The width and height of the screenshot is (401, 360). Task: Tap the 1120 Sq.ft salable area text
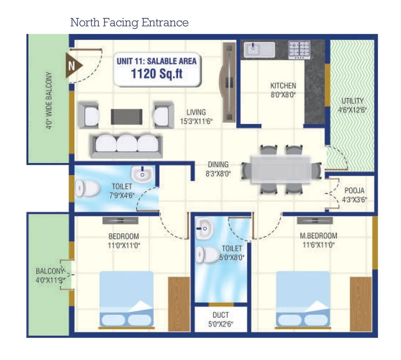point(157,74)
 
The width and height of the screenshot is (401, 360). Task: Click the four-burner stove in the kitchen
point(299,50)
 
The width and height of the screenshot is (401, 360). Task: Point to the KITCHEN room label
point(283,85)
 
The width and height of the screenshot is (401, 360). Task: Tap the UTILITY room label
point(352,101)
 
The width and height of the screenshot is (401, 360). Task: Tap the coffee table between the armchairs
point(126,116)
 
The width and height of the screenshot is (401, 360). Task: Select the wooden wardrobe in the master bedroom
point(360,304)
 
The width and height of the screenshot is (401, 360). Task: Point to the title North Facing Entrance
point(129,22)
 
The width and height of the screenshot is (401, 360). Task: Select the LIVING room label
point(196,112)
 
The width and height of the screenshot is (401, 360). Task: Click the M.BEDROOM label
point(318,236)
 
